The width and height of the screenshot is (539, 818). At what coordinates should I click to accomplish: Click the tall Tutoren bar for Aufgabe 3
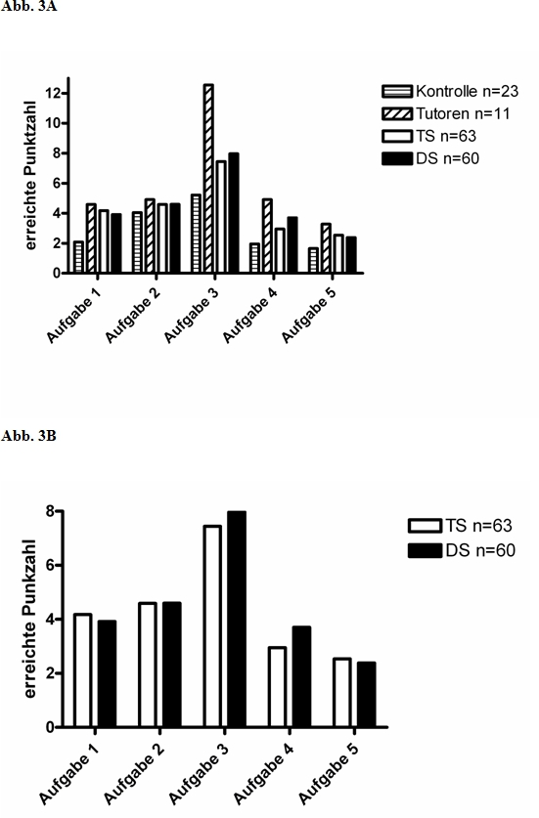208,179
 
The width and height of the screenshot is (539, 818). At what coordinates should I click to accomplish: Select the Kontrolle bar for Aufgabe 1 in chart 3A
78,257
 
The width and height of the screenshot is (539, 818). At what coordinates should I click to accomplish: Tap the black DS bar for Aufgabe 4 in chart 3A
292,244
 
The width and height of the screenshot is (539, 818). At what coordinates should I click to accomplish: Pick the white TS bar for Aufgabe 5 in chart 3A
338,253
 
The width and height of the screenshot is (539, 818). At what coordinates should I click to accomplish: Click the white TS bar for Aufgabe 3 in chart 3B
212,626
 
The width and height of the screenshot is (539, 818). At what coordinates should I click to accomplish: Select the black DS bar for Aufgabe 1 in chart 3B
107,673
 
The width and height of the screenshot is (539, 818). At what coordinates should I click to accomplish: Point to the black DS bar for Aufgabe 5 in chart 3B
366,694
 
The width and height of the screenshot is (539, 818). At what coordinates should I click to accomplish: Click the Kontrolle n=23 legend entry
450,91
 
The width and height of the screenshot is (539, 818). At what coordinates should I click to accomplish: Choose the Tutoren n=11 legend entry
446,113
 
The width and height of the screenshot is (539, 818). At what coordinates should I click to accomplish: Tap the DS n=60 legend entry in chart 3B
462,550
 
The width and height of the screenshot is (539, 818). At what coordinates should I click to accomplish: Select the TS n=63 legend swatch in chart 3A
397,136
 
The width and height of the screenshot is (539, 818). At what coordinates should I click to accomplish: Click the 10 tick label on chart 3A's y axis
53,124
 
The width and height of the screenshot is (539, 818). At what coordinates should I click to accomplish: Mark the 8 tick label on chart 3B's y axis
50,511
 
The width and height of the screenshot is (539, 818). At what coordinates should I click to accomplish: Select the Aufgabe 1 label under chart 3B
69,773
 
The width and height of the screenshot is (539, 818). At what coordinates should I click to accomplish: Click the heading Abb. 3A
28,8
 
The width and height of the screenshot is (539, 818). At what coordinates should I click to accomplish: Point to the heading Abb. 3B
28,436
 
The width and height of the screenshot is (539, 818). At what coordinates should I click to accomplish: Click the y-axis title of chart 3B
30,619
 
